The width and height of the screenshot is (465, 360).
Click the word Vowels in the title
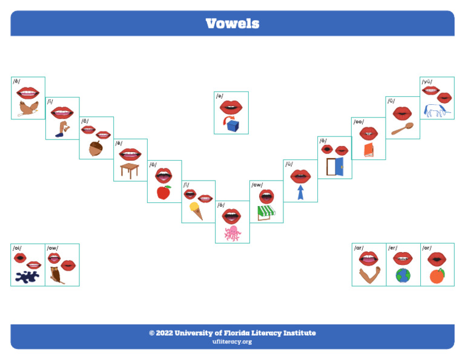pyautogui.click(x=232, y=24)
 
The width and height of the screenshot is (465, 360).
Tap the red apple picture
pyautogui.click(x=163, y=192)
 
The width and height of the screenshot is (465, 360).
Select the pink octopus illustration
pyautogui.click(x=232, y=233)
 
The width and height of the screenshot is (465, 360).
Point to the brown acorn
pyautogui.click(x=96, y=148)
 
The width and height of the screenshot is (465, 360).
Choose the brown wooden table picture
pyautogui.click(x=130, y=170)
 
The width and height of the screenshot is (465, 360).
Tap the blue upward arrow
pyautogui.click(x=300, y=192)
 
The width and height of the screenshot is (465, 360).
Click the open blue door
pyautogui.click(x=335, y=167)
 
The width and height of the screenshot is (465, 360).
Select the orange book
pyautogui.click(x=369, y=149)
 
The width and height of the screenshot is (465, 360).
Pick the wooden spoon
pyautogui.click(x=402, y=128)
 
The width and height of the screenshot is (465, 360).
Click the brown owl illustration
pyautogui.click(x=57, y=275)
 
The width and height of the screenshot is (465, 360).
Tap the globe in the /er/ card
pyautogui.click(x=403, y=275)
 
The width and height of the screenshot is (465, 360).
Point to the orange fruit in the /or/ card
pyautogui.click(x=437, y=276)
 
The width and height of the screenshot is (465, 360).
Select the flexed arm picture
pyautogui.click(x=369, y=275)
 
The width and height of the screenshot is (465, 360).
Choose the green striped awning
pyautogui.click(x=266, y=212)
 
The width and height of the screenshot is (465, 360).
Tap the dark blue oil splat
pyautogui.click(x=26, y=277)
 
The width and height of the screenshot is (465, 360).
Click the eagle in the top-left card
pyautogui.click(x=28, y=108)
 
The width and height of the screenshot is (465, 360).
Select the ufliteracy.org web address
pyautogui.click(x=232, y=342)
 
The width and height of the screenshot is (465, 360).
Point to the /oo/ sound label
pyautogui.click(x=359, y=122)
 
